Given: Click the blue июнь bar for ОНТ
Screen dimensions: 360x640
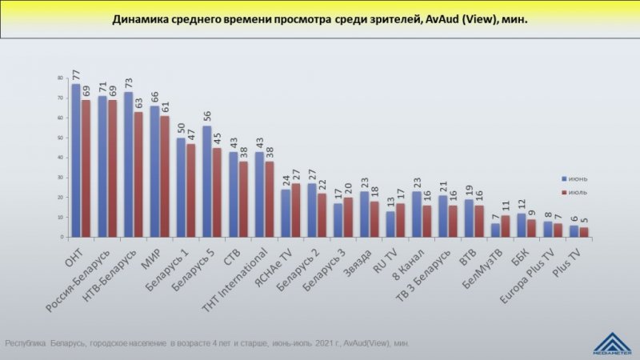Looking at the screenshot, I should pos(75,160).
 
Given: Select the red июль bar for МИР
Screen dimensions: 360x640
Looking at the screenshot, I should pos(164,176).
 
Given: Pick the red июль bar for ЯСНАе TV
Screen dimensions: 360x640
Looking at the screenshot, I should pos(295,210).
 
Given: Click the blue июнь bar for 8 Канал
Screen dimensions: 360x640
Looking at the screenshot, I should pos(416,214).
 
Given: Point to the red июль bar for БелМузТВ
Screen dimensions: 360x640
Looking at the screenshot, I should pos(505,226).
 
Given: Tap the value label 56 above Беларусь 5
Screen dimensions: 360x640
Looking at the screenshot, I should pos(206,116).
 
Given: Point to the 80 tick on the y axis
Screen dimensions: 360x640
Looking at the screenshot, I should pos(60,78).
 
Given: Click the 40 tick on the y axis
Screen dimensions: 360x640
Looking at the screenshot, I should pos(60,158).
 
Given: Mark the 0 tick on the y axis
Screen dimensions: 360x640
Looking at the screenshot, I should pos(62,238).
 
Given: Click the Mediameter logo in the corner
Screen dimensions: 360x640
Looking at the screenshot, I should pos(611,341).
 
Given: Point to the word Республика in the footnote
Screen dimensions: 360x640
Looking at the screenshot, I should pos(24,343).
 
